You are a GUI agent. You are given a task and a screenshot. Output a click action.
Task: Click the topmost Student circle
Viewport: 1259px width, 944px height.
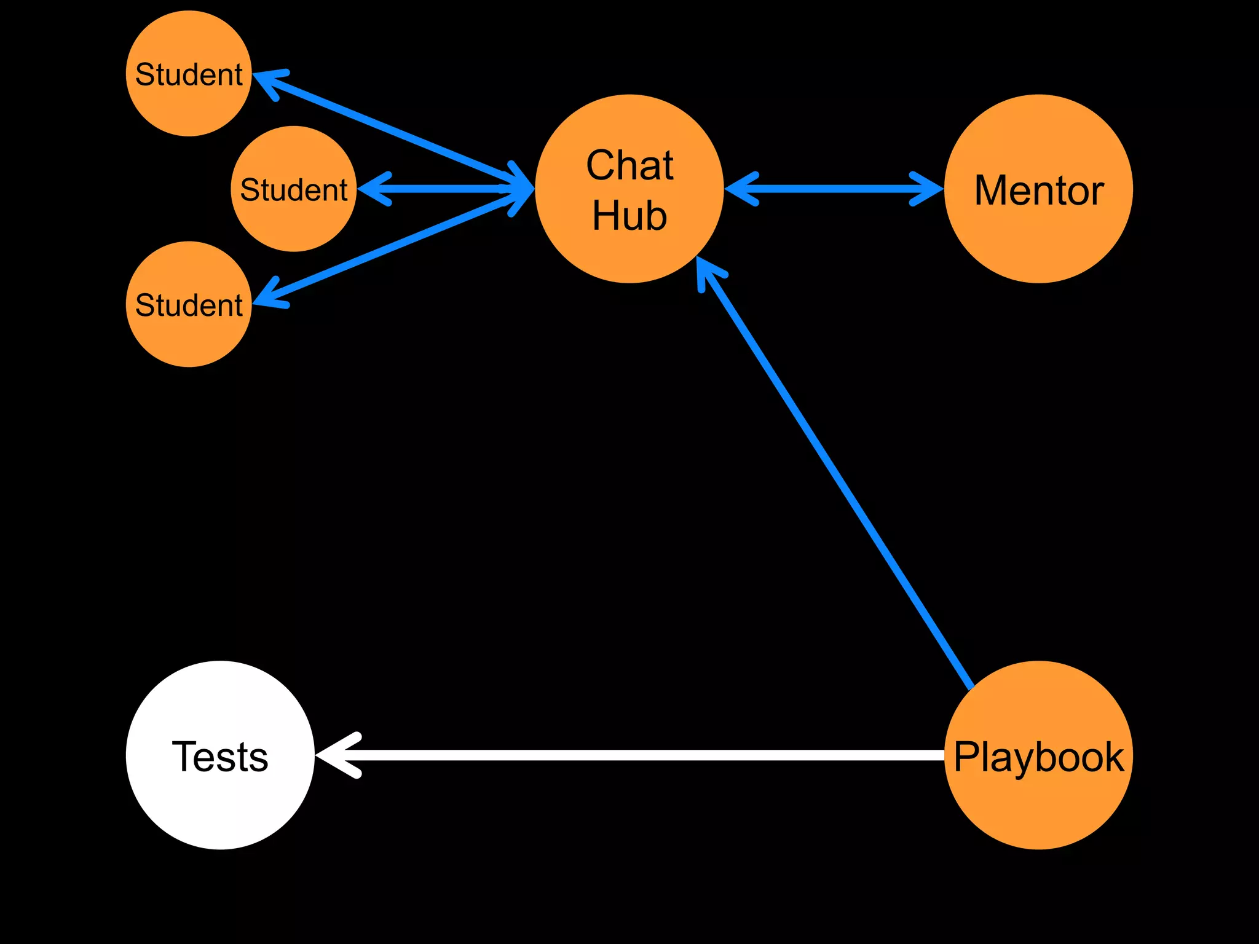tap(189, 74)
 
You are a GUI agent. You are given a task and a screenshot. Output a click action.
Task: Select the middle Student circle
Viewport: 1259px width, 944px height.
tap(294, 189)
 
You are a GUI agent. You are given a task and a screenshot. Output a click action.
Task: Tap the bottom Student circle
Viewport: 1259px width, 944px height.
tap(189, 305)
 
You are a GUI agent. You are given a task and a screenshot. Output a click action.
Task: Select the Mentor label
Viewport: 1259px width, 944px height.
tap(1038, 190)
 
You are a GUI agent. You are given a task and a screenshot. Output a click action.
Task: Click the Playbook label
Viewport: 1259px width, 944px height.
tap(1038, 757)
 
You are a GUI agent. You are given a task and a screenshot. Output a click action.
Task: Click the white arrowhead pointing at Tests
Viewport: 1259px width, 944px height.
tap(335, 755)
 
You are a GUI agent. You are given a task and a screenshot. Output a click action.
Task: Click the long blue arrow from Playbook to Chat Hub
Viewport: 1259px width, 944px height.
tap(836, 473)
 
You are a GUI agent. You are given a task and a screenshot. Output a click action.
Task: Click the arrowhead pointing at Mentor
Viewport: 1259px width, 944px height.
tap(928, 189)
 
